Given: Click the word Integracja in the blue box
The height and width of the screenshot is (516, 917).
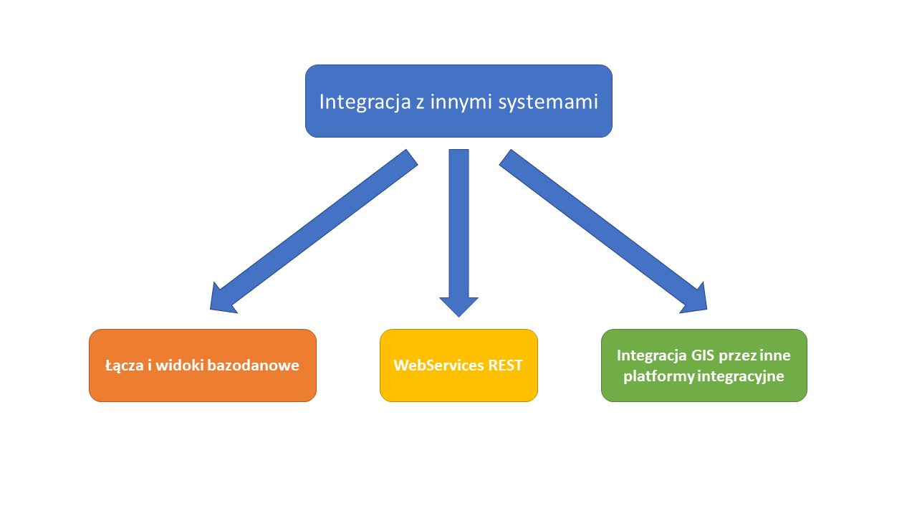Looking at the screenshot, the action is [x=365, y=102].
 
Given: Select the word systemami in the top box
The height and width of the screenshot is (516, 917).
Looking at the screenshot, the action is [x=548, y=102].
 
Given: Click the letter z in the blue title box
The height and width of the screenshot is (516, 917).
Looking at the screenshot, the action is [x=421, y=103].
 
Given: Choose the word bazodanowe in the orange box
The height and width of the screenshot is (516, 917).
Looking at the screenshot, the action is [x=254, y=365].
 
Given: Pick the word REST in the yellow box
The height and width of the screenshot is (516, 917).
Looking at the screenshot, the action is [x=505, y=365].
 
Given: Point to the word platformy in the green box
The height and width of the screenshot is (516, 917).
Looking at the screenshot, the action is [x=658, y=376].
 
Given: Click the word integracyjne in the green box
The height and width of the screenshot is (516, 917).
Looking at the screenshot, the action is [x=741, y=376].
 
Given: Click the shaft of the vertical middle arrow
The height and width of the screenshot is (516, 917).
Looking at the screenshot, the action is [x=458, y=223].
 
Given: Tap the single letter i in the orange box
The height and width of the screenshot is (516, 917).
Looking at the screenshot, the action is [x=150, y=365].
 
